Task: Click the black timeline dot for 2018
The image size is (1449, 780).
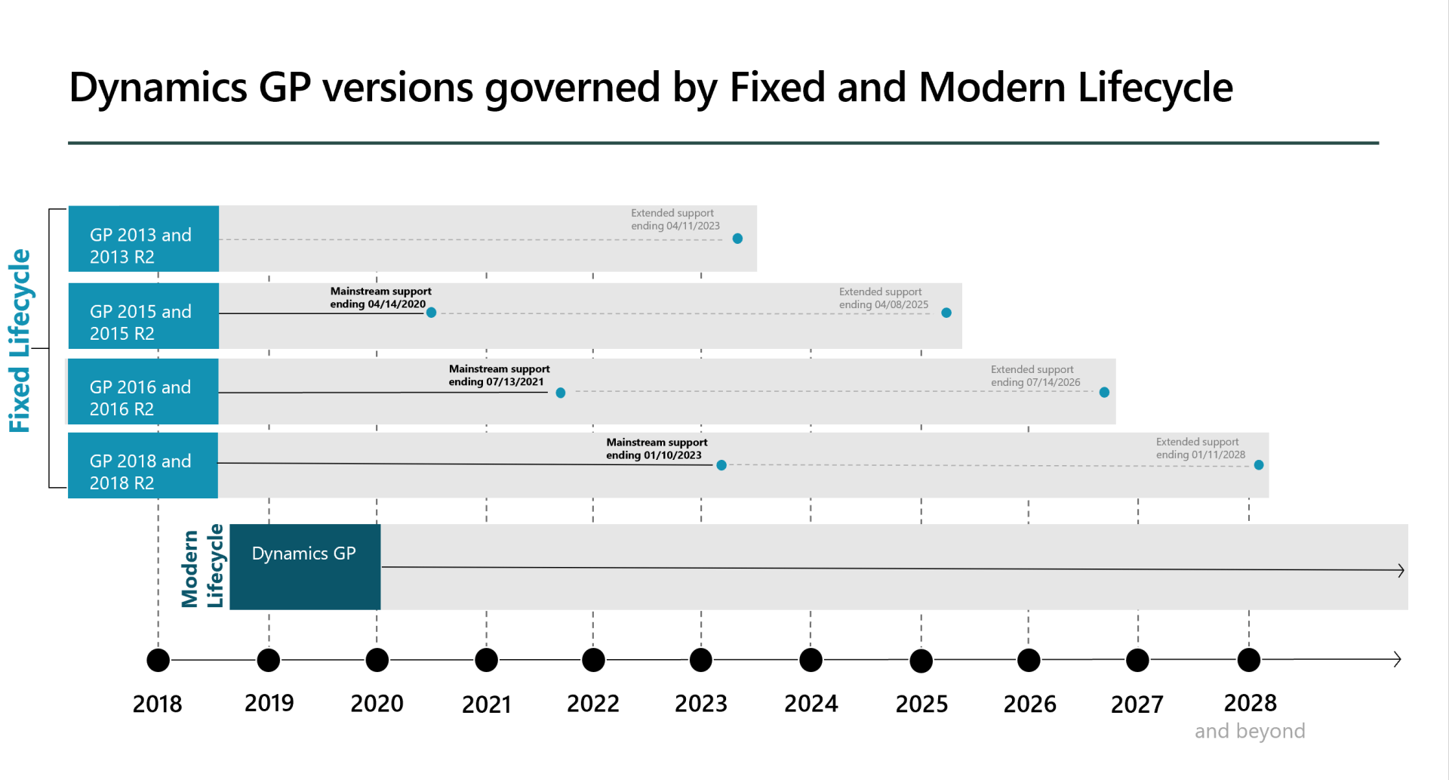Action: [x=158, y=660]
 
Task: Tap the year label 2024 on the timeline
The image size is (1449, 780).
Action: [x=811, y=704]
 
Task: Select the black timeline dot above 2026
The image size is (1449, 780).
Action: [x=1029, y=660]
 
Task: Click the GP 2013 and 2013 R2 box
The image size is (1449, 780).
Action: [x=143, y=239]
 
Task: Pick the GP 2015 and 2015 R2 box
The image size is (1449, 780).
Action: [x=143, y=316]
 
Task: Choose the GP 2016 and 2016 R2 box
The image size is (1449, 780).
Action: [x=143, y=391]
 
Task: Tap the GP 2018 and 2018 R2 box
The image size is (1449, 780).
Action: [x=143, y=465]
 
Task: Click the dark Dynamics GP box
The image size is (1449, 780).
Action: [x=305, y=566]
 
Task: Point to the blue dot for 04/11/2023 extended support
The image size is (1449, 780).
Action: [x=737, y=239]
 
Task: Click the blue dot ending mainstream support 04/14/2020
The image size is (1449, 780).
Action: [x=431, y=313]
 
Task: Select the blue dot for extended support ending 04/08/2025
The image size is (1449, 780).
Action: [x=946, y=313]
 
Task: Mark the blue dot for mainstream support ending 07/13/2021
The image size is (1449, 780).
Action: [x=561, y=393]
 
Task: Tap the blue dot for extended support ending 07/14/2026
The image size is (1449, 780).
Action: [x=1104, y=393]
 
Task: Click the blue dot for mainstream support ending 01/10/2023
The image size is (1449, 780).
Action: [x=721, y=465]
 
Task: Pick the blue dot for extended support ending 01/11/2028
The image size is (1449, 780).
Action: [x=1259, y=465]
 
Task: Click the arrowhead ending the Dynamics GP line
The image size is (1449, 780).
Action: [x=1401, y=570]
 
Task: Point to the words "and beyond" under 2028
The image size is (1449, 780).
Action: [x=1250, y=731]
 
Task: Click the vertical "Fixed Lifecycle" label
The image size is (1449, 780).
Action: [x=20, y=341]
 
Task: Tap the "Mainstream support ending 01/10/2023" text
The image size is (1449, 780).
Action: [x=657, y=449]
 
